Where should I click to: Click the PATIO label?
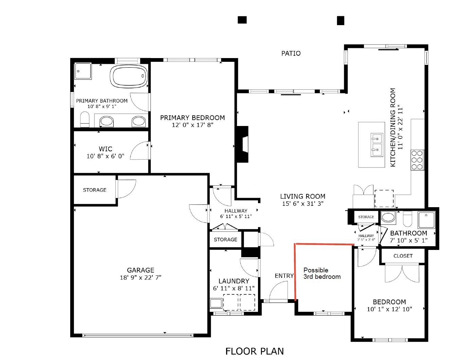pyautogui.click(x=291, y=53)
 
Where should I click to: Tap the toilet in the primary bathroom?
pyautogui.click(x=85, y=120)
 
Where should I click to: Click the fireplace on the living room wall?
pyautogui.click(x=243, y=144)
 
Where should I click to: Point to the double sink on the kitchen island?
pyautogui.click(x=376, y=144)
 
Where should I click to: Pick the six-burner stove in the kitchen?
pyautogui.click(x=417, y=160)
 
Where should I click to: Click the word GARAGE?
pyautogui.click(x=141, y=270)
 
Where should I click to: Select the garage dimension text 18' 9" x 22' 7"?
pyautogui.click(x=141, y=277)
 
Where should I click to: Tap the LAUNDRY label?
pyautogui.click(x=234, y=281)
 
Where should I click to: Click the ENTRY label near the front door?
pyautogui.click(x=284, y=276)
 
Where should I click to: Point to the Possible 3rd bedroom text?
pyautogui.click(x=321, y=273)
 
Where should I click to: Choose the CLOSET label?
pyautogui.click(x=403, y=256)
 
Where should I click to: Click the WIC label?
pyautogui.click(x=106, y=149)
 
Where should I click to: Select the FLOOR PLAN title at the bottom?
pyautogui.click(x=255, y=351)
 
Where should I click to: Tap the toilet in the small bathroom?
pyautogui.click(x=407, y=219)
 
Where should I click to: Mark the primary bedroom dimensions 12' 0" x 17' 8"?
pyautogui.click(x=192, y=125)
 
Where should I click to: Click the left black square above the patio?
pyautogui.click(x=242, y=20)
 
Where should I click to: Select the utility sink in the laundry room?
pyautogui.click(x=216, y=303)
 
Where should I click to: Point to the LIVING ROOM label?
pyautogui.click(x=302, y=196)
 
